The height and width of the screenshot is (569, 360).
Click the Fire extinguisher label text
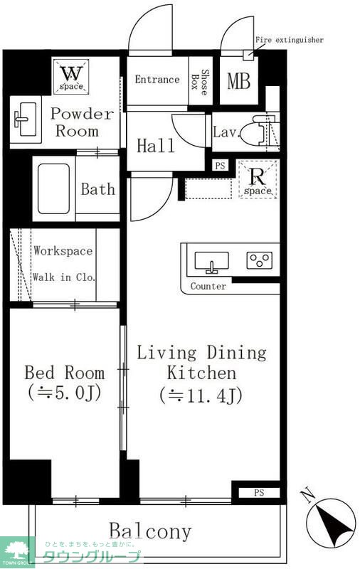click(x=290, y=40)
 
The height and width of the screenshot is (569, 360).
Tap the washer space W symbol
click(x=71, y=74)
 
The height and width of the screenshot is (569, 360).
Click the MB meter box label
click(x=238, y=81)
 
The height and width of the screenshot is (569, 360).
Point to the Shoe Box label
click(x=200, y=82)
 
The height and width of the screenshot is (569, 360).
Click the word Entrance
click(x=157, y=80)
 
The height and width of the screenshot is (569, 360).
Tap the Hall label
click(x=156, y=146)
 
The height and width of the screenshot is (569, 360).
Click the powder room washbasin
click(x=26, y=119)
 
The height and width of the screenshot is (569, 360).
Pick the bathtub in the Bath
click(x=53, y=188)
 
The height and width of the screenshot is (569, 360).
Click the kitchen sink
click(x=211, y=261)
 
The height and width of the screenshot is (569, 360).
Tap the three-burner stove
click(x=260, y=260)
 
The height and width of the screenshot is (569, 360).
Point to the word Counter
click(x=208, y=287)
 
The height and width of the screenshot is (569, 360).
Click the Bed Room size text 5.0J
click(x=64, y=392)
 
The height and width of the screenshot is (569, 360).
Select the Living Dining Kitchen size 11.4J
click(x=201, y=395)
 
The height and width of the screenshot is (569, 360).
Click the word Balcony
click(x=150, y=531)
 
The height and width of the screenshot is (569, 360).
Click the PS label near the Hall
click(x=221, y=166)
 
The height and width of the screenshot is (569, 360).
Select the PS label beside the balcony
click(x=259, y=493)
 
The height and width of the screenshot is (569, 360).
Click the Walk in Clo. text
click(x=64, y=277)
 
